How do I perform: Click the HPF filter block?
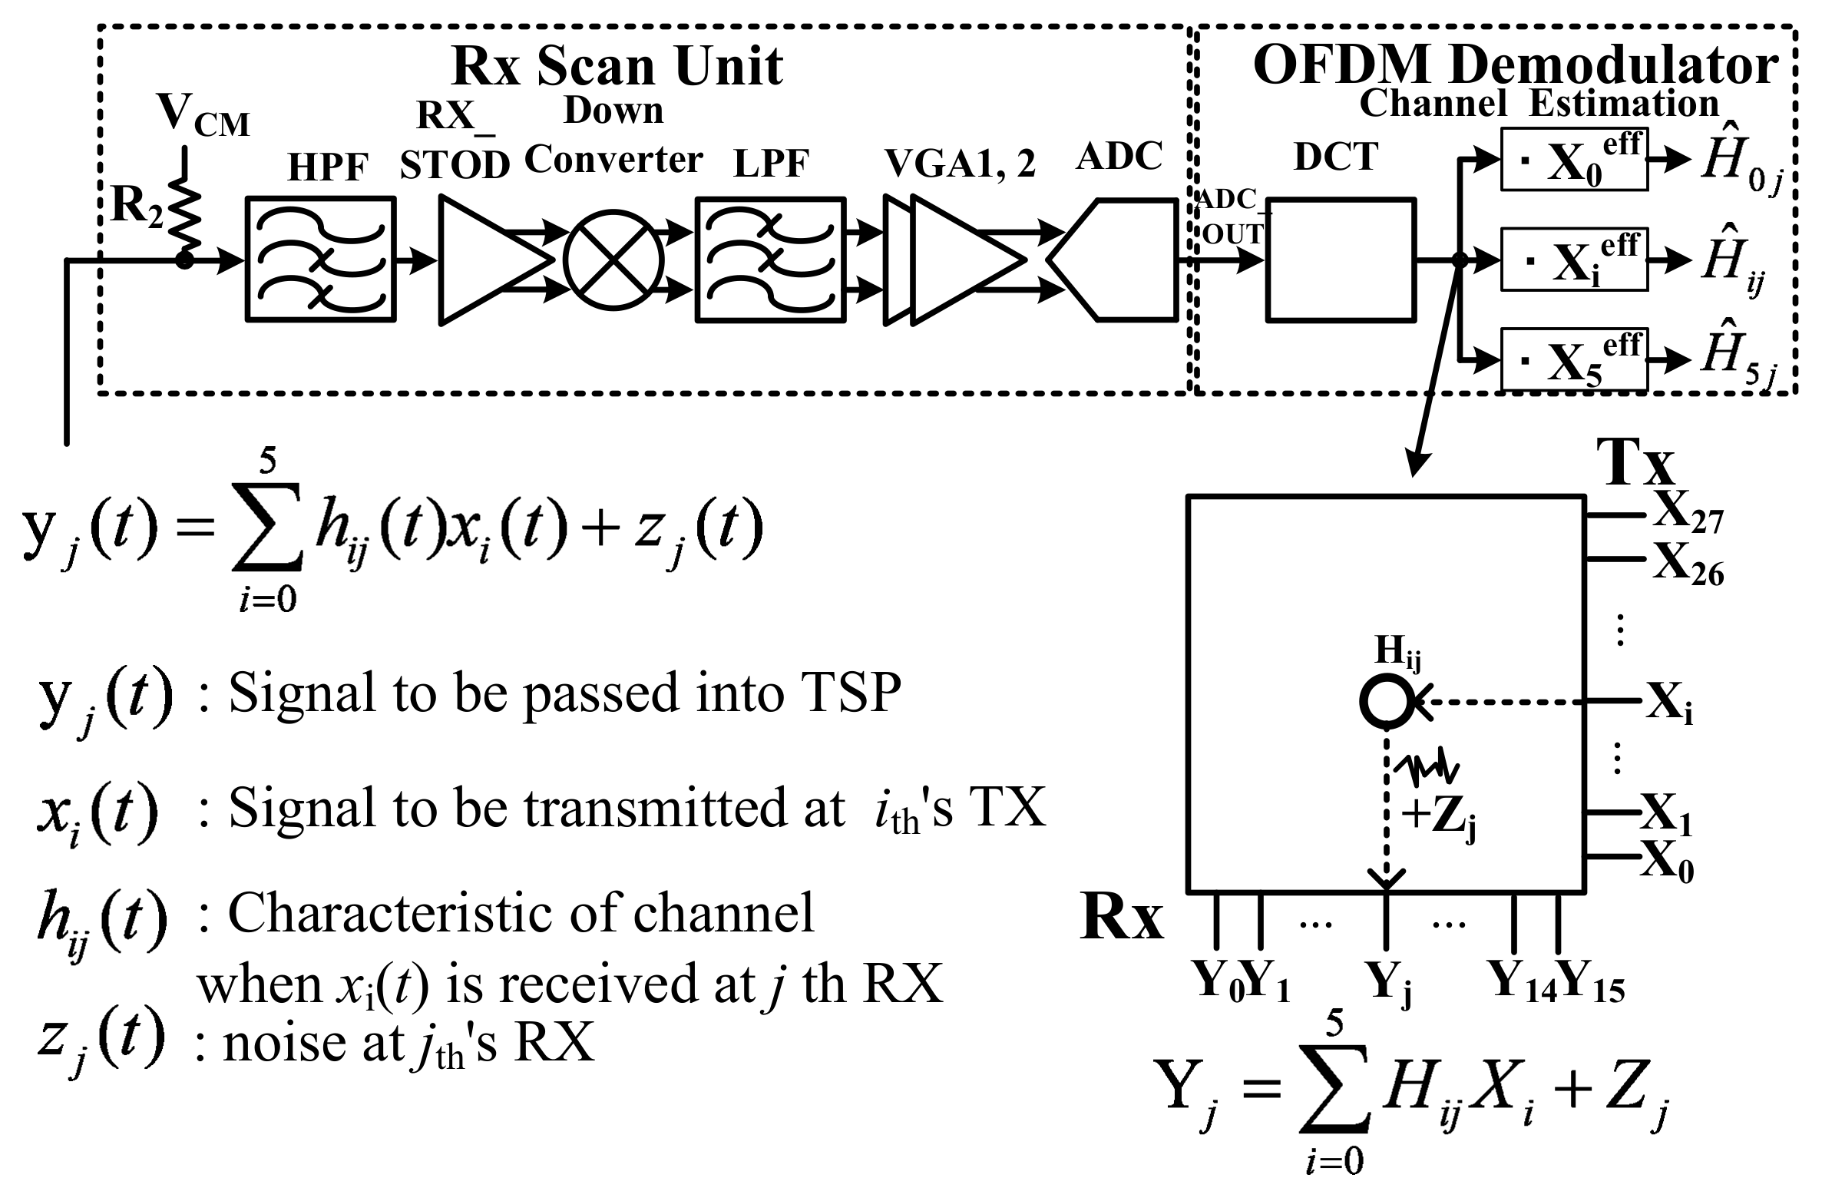click(x=320, y=259)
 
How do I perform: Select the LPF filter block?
click(x=769, y=259)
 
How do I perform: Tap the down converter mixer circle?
click(x=613, y=259)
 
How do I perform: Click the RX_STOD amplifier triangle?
click(x=484, y=259)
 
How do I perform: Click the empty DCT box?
click(x=1340, y=259)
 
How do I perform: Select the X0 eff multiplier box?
click(x=1573, y=160)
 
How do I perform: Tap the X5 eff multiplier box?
click(x=1573, y=359)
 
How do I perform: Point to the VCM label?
click(x=203, y=115)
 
